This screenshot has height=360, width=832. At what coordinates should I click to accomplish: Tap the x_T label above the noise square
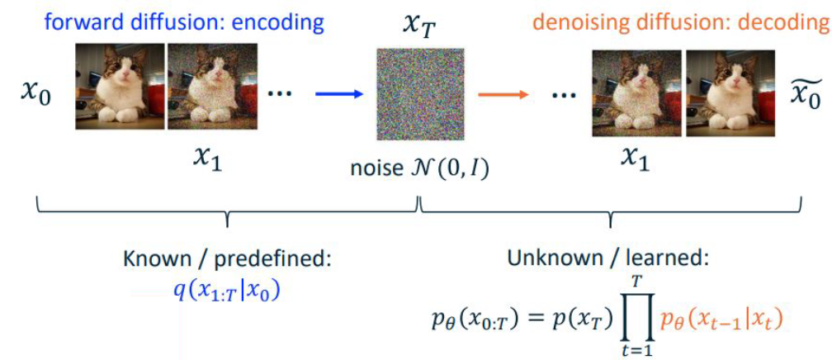click(x=420, y=25)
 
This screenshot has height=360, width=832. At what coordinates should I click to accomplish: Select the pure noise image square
click(x=421, y=94)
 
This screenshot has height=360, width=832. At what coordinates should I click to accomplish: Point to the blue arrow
click(x=339, y=94)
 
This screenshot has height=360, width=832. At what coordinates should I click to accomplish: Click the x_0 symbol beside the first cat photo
click(x=35, y=96)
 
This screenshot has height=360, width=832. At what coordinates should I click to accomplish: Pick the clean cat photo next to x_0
click(x=120, y=87)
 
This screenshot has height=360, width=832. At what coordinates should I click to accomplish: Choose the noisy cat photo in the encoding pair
click(x=213, y=87)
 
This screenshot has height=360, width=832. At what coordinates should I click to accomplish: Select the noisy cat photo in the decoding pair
click(x=636, y=93)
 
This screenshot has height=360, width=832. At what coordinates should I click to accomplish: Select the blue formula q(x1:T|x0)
click(x=226, y=291)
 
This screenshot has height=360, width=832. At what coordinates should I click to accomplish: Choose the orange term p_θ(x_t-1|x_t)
click(x=720, y=321)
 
